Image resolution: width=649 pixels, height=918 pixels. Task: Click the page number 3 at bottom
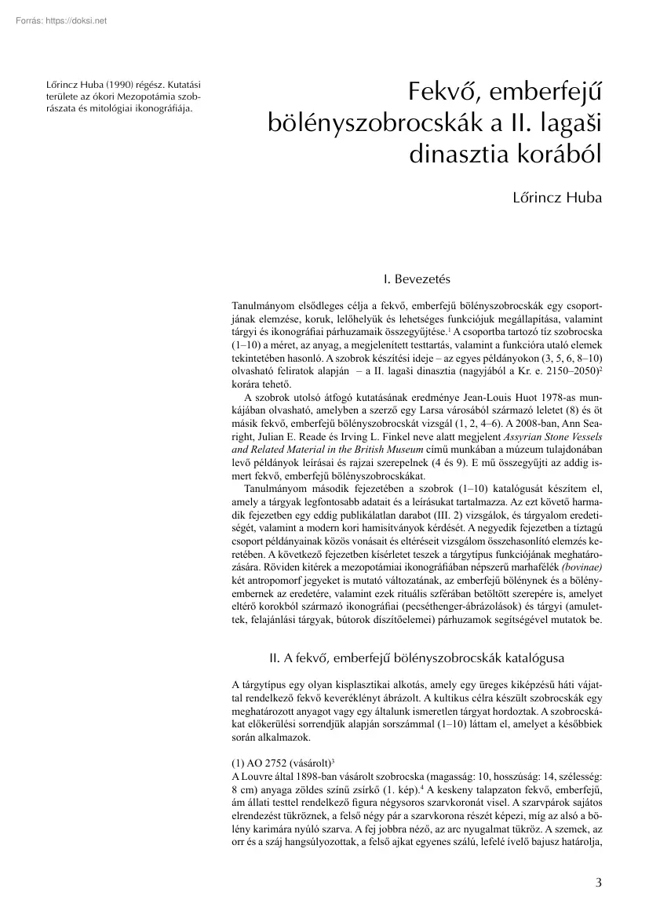[x=598, y=881]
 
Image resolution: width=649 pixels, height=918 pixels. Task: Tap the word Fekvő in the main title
[x=445, y=93]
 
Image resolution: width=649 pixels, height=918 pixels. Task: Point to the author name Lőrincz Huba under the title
[x=557, y=197]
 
